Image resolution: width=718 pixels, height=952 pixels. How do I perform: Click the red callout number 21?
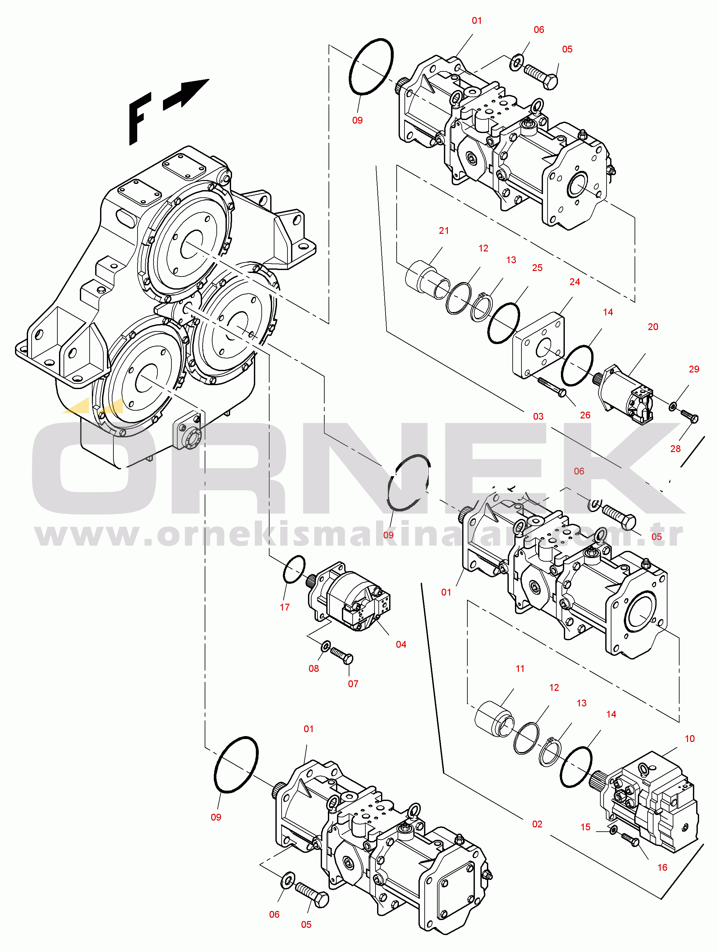[444, 231]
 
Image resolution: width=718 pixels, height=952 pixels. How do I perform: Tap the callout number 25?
[537, 268]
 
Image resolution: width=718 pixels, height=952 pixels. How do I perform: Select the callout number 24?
[574, 282]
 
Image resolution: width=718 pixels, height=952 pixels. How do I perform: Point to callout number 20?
[652, 327]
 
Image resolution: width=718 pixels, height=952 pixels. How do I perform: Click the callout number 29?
[694, 369]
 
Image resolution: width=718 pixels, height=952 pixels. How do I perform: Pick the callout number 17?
[284, 607]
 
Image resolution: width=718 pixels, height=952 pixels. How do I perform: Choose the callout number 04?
[401, 644]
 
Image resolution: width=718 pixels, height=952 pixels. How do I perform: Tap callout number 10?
[689, 738]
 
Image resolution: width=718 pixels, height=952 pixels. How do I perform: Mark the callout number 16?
[662, 867]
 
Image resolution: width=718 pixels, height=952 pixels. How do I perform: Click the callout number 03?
[538, 416]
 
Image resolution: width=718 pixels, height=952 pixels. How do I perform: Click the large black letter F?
[139, 118]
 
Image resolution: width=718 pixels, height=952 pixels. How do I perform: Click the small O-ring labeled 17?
[294, 569]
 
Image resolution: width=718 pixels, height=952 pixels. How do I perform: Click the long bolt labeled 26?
[551, 386]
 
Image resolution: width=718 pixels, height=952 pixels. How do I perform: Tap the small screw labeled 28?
[689, 416]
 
